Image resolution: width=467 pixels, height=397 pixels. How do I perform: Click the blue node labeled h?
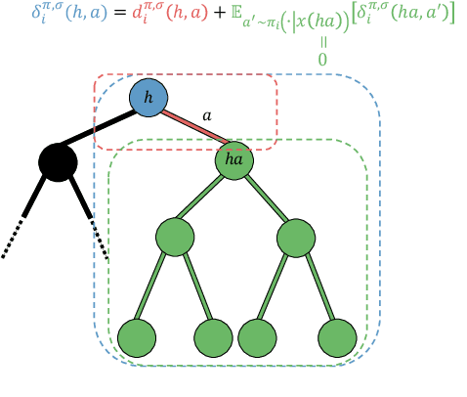149,98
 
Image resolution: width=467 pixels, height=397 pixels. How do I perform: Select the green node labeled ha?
234,159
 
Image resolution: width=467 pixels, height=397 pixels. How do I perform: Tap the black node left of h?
58,160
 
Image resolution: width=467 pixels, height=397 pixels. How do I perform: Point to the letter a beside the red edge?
206,114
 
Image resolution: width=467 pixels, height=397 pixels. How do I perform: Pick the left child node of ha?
175,238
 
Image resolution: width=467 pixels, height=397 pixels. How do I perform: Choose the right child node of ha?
295,238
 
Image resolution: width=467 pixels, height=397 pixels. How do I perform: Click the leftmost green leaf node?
137,337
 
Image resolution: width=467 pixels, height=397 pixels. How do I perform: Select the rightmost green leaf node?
337,337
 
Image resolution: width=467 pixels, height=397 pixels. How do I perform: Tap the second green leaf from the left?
213,337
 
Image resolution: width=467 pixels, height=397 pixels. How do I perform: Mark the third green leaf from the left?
257,337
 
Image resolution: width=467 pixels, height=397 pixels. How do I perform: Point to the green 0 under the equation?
322,60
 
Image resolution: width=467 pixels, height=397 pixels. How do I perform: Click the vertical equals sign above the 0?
322,42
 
